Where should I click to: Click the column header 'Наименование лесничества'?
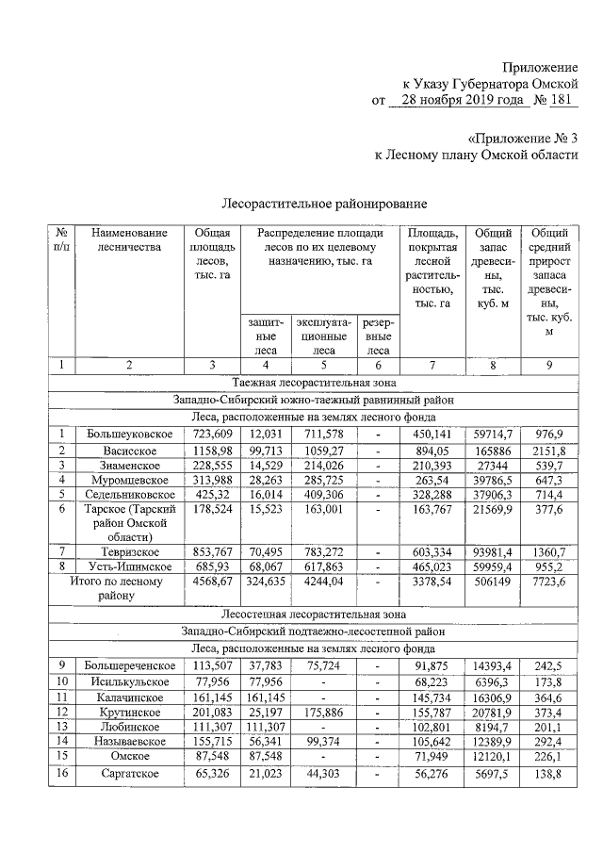click(130, 240)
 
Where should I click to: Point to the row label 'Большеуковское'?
click(130, 434)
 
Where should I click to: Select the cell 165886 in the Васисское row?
click(493, 451)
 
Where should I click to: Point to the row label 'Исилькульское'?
click(130, 681)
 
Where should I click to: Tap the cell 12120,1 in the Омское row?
click(493, 756)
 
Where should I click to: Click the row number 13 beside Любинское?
click(61, 727)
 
